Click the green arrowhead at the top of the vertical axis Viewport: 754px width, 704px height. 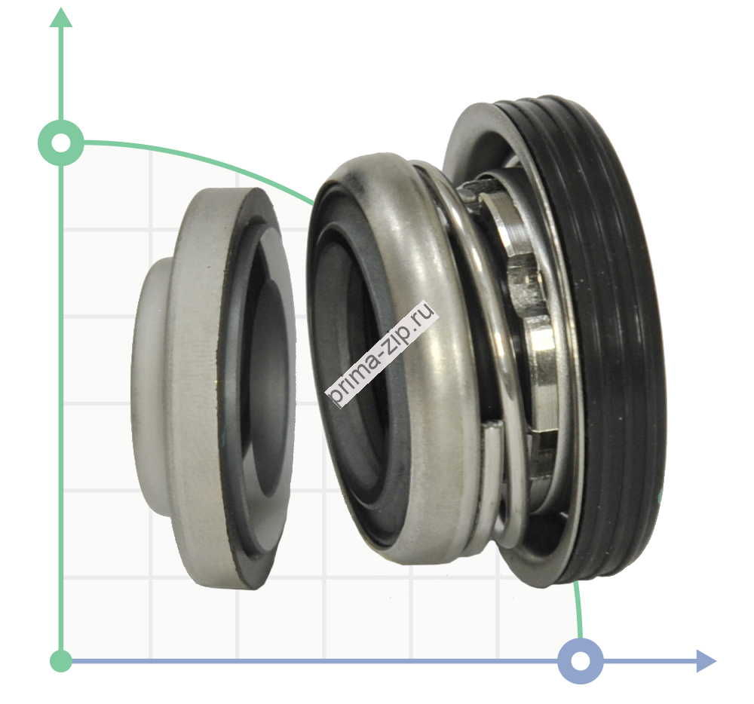tap(61, 18)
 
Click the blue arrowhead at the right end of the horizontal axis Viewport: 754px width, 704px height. tap(706, 661)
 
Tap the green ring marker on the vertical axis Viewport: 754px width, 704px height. tap(61, 142)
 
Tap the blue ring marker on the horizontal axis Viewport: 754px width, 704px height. tap(581, 661)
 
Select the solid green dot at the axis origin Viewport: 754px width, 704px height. tap(61, 661)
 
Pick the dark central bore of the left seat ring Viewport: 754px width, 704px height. tap(272, 384)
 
